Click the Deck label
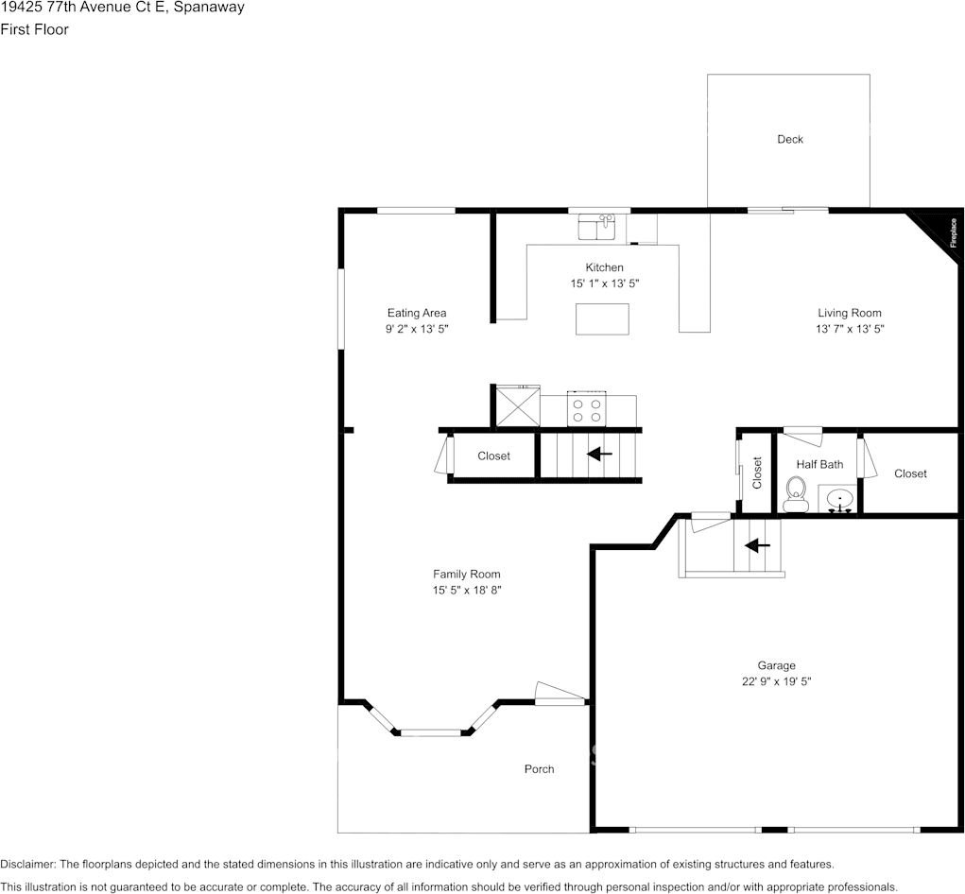(789, 140)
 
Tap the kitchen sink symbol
(596, 227)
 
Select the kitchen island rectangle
(602, 318)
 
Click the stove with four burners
(585, 409)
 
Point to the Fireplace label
(952, 232)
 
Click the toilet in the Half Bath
(795, 491)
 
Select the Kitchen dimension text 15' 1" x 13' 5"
(604, 284)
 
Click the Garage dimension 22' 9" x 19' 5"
(776, 681)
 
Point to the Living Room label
(849, 313)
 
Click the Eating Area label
(416, 313)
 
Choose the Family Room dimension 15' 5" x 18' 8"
(466, 591)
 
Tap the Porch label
(539, 769)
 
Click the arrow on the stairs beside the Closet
(599, 455)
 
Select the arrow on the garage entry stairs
(757, 545)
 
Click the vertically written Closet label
(757, 473)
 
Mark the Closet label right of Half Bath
(910, 473)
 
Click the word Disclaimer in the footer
(27, 865)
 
